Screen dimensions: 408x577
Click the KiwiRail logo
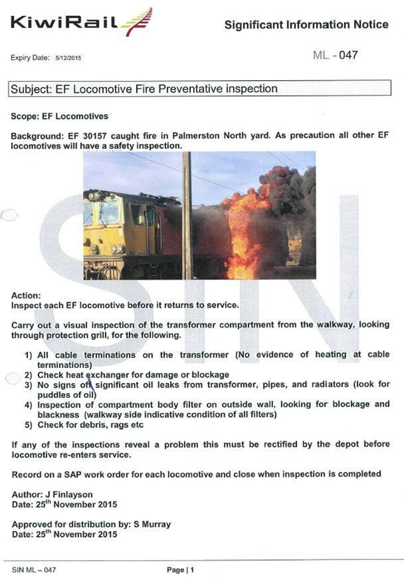[80, 22]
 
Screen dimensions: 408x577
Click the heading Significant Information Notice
[306, 25]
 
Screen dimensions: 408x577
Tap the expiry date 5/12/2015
[68, 59]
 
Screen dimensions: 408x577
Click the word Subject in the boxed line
[33, 89]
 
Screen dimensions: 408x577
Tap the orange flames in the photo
[244, 223]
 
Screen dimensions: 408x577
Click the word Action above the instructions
[26, 295]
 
